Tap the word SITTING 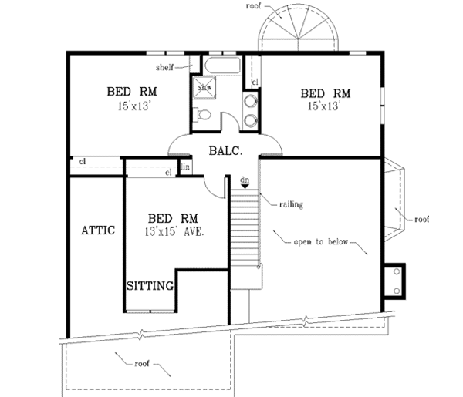[149, 285]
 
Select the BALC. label [225, 152]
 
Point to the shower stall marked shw [204, 87]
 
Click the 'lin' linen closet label [185, 167]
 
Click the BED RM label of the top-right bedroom [325, 93]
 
